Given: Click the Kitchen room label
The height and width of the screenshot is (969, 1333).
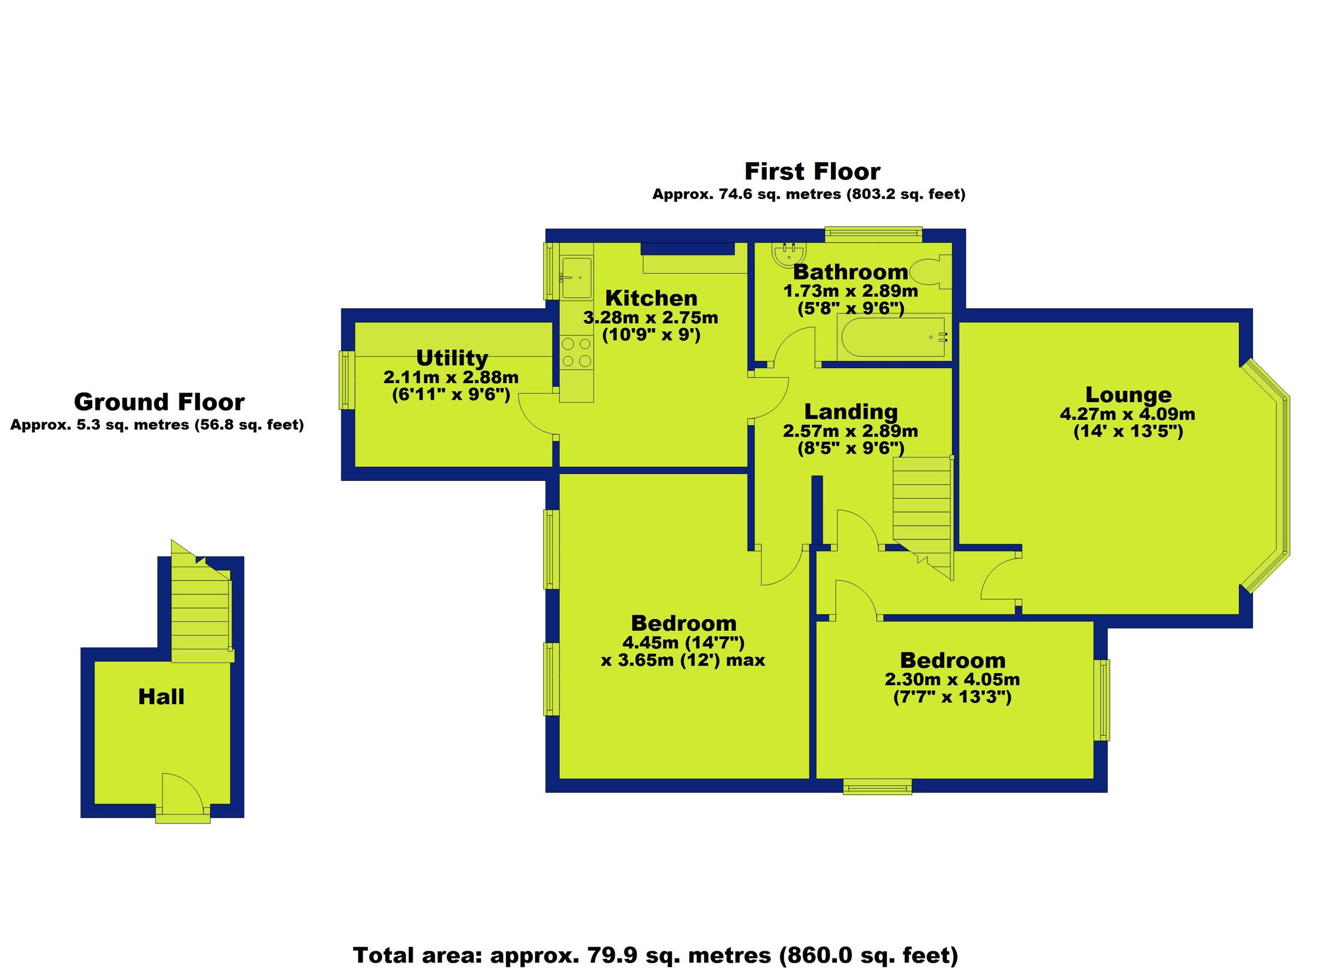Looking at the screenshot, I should tap(651, 298).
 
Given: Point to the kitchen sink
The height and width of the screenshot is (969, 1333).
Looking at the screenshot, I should tap(576, 277).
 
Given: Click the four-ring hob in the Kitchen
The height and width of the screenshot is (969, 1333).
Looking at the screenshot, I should tap(576, 353).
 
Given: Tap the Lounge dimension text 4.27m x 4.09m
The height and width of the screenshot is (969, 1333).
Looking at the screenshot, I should tap(1127, 414).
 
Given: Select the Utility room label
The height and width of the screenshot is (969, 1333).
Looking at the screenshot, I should tap(452, 358).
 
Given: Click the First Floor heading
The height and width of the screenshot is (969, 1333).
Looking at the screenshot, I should tap(812, 172).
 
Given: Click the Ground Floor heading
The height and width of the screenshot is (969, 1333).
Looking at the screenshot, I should tap(159, 402).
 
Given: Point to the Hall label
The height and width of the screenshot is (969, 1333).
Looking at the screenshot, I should tap(161, 697).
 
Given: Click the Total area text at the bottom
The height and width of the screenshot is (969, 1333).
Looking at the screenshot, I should tap(656, 955).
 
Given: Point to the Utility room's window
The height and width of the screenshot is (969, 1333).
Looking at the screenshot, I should tap(346, 380).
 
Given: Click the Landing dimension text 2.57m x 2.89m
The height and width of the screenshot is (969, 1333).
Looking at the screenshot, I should tap(850, 431).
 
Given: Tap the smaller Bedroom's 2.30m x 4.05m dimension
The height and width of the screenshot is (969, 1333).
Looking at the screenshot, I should tap(952, 680).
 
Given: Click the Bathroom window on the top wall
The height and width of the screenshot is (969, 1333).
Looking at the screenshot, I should tap(873, 235).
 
